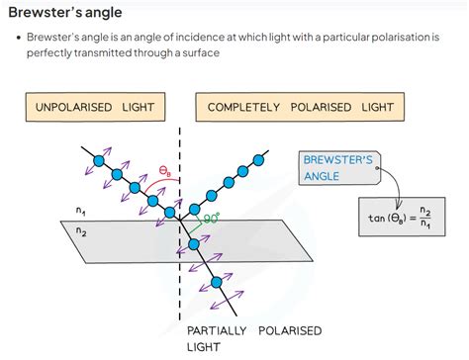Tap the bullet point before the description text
20,37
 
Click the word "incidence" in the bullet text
205,37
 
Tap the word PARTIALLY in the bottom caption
214,330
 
